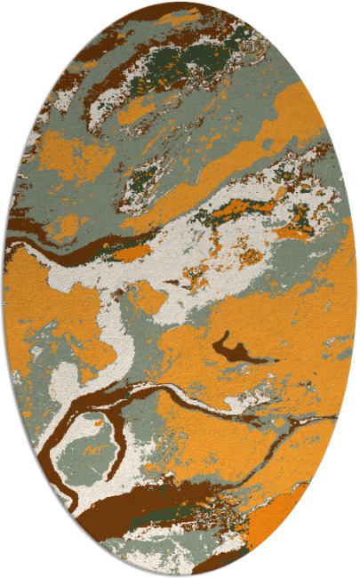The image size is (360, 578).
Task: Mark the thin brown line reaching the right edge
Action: [302, 416]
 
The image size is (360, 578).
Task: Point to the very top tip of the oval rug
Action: [180, 3]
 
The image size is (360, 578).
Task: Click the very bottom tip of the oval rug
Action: [180, 574]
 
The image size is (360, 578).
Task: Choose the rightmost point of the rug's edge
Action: [356, 289]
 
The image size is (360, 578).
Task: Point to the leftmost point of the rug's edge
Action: [4, 289]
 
